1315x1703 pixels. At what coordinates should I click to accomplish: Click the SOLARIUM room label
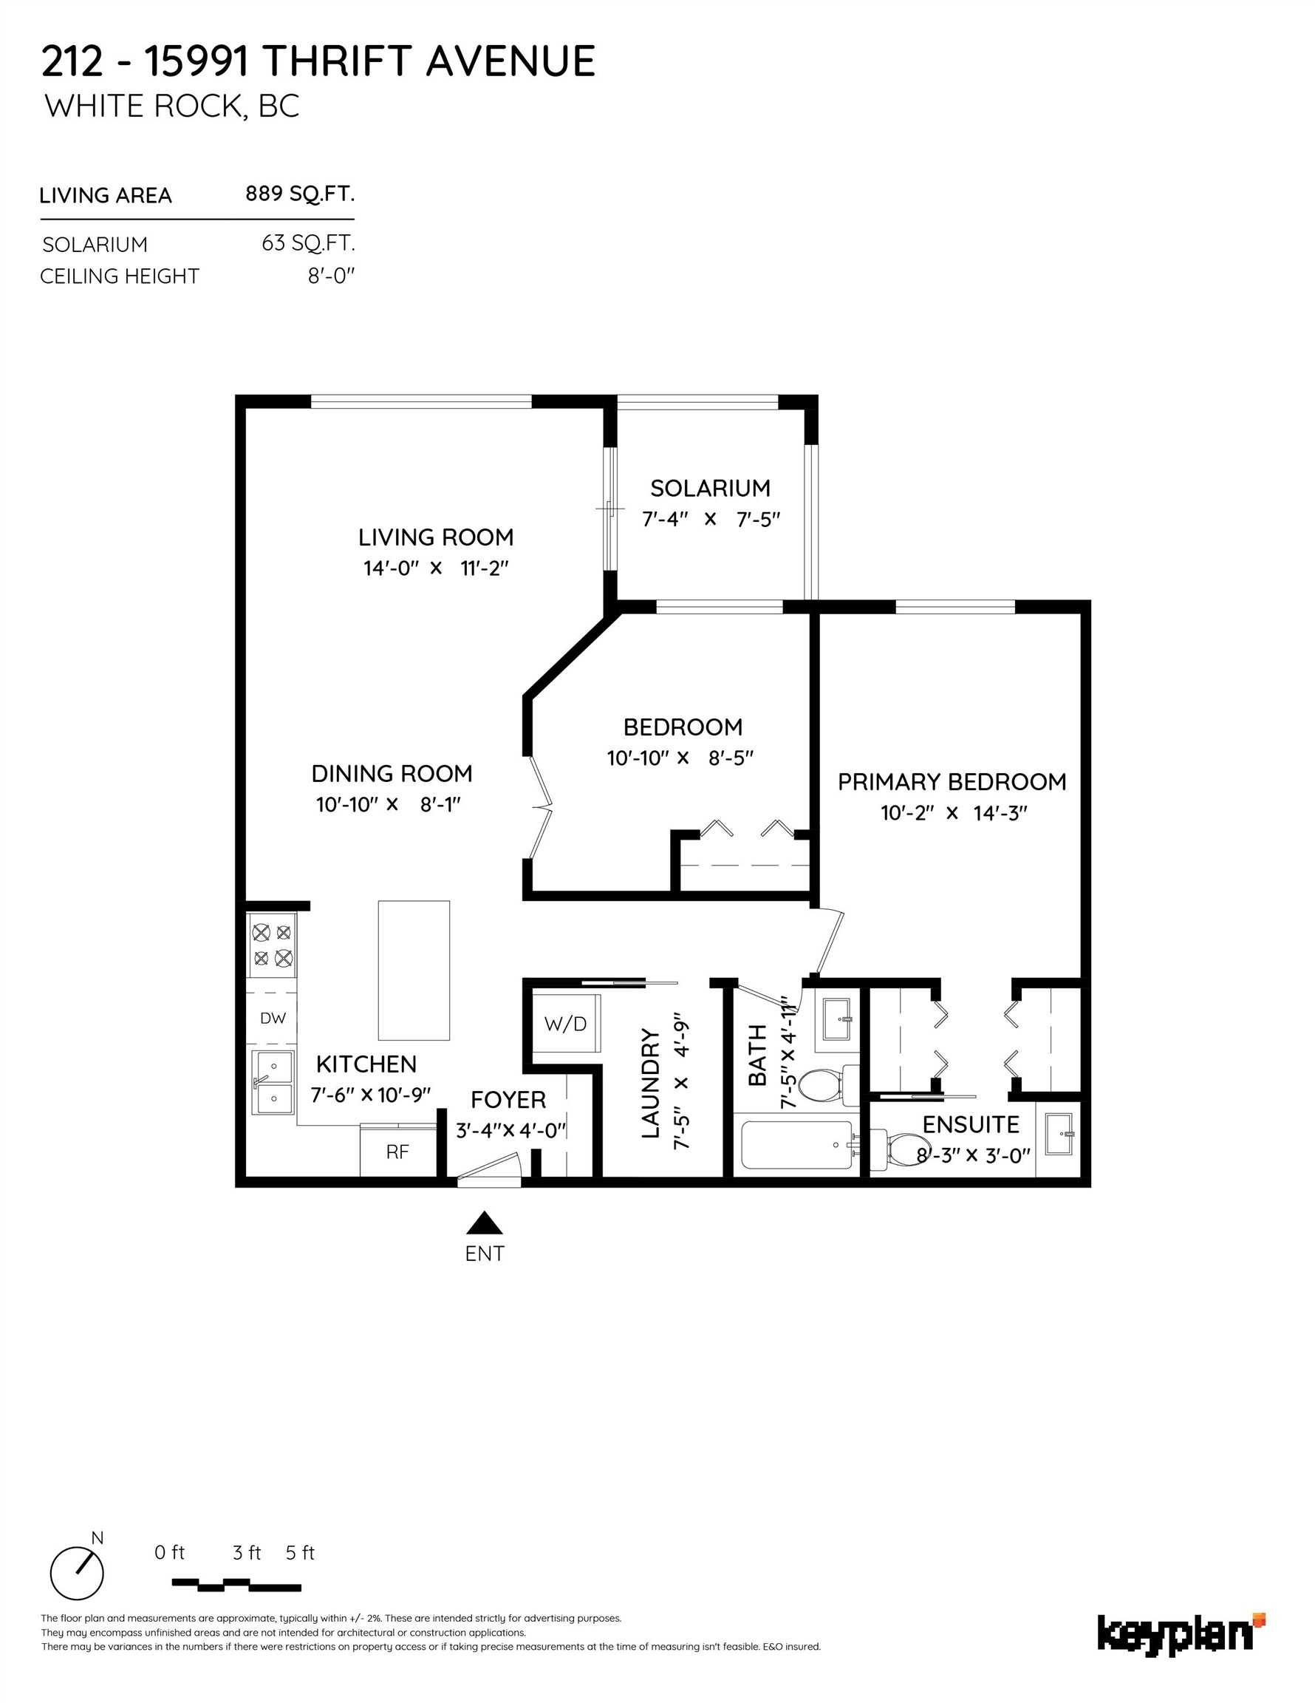click(710, 488)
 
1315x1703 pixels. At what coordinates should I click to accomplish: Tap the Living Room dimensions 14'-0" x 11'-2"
click(436, 568)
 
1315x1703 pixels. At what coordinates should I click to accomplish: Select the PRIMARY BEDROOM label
click(952, 782)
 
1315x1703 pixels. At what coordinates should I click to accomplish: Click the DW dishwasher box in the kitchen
click(273, 1018)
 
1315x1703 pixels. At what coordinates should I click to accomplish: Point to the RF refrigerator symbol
click(397, 1152)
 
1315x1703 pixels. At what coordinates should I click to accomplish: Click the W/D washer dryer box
click(566, 1024)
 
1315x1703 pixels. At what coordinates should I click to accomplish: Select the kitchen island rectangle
click(414, 970)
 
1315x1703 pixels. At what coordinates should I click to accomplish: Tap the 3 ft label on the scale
click(247, 1552)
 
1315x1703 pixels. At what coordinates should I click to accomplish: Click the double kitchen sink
click(273, 1080)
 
